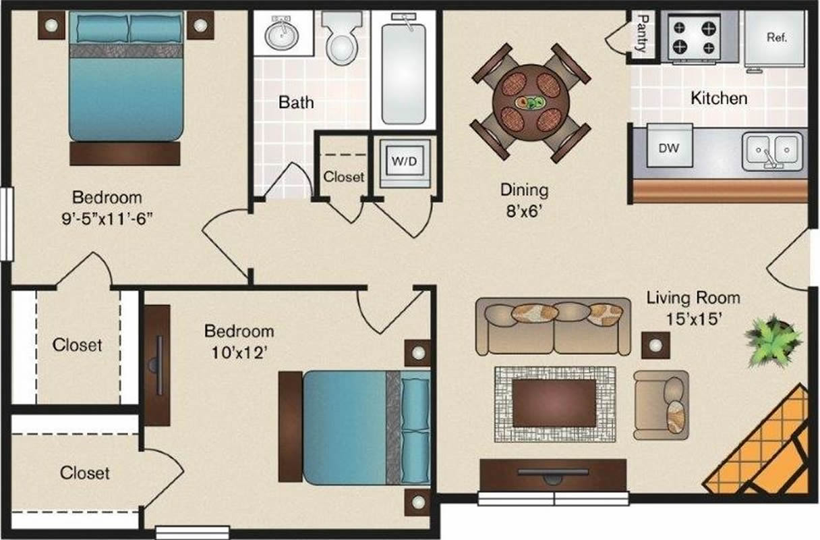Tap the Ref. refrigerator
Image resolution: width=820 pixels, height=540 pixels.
(775, 39)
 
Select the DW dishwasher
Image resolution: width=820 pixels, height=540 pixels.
(670, 145)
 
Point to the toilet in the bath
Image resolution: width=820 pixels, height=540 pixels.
(342, 38)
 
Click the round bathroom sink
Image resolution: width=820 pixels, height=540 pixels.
(281, 35)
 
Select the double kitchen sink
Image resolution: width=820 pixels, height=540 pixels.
(772, 152)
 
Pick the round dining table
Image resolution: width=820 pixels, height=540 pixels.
(531, 103)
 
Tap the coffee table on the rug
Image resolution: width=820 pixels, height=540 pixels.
(554, 404)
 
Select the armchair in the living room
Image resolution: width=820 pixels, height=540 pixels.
(662, 405)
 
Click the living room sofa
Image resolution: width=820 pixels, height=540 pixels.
(553, 327)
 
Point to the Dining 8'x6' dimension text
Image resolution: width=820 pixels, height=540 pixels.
(524, 200)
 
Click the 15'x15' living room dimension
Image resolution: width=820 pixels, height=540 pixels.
(693, 319)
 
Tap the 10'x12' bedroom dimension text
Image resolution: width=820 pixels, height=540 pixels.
(239, 353)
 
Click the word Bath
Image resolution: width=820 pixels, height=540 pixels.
(296, 102)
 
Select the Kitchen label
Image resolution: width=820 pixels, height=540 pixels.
(719, 98)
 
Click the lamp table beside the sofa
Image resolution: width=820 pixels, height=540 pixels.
(655, 345)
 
